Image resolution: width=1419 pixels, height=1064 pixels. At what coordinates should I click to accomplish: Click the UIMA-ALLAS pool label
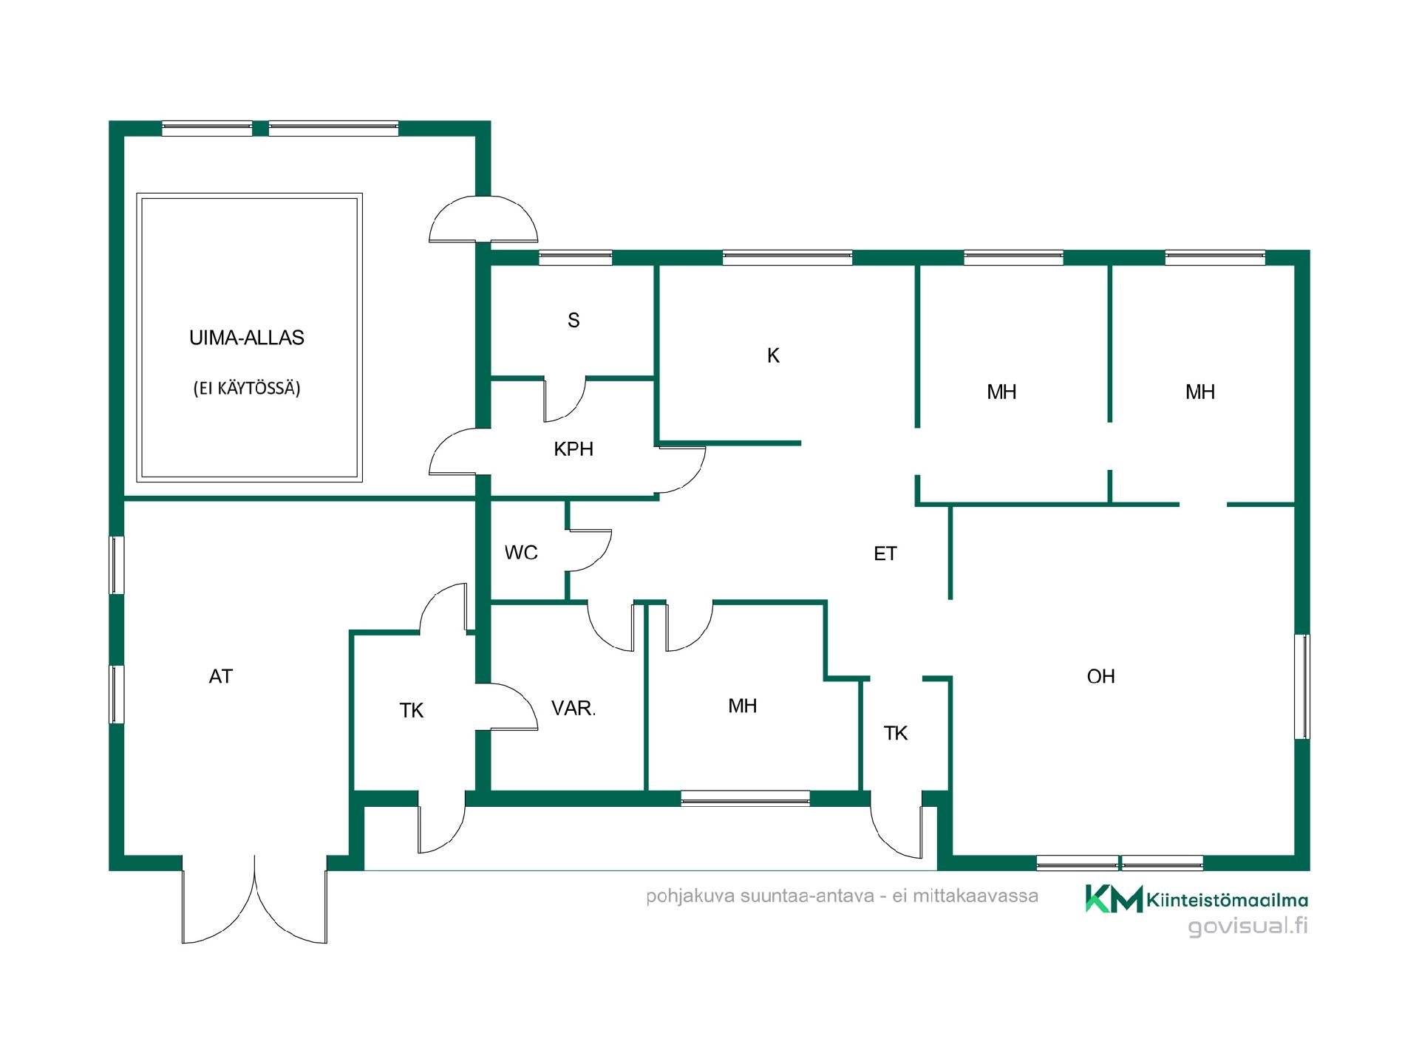(247, 338)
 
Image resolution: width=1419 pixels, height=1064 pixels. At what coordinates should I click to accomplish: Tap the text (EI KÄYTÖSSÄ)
(247, 389)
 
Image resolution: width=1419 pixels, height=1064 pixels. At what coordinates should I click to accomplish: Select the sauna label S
(574, 320)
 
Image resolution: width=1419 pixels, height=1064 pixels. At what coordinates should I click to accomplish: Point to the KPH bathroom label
(574, 449)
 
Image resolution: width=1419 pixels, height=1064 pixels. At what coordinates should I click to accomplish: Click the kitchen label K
(773, 356)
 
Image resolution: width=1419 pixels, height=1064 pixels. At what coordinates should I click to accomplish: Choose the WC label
(521, 553)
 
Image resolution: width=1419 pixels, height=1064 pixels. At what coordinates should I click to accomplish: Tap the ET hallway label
(885, 553)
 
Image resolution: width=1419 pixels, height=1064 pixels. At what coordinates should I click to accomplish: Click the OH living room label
(1100, 676)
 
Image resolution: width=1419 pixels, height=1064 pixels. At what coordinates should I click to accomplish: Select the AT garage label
(221, 676)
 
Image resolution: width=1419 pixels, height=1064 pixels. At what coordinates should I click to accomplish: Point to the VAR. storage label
(574, 709)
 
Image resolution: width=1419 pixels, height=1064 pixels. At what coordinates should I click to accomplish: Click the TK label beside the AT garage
(412, 711)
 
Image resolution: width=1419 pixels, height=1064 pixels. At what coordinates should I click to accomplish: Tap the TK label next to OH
(896, 733)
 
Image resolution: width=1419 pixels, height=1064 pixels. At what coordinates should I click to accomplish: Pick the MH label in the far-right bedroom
(1200, 392)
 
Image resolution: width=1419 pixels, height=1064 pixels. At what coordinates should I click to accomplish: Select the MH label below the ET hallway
(743, 706)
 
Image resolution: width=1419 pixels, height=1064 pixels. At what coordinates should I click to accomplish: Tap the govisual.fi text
(1248, 926)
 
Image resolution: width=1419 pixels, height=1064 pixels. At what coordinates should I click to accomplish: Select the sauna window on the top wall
(575, 258)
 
